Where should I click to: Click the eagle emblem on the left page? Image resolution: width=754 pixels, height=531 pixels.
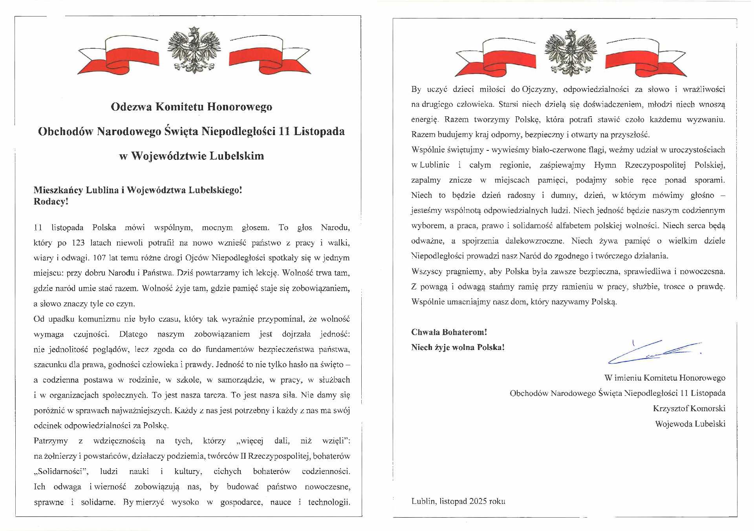click(x=194, y=50)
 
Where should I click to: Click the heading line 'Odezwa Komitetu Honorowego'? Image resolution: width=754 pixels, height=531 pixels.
click(x=191, y=107)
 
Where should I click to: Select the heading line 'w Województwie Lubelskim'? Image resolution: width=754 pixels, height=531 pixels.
click(x=191, y=156)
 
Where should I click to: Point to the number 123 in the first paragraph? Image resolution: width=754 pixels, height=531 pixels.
click(x=78, y=243)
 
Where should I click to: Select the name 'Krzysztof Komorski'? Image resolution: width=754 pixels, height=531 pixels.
click(x=689, y=408)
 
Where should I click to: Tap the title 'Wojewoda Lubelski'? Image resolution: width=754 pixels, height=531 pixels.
click(x=690, y=424)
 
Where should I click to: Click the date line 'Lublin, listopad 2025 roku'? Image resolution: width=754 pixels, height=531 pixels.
click(x=458, y=501)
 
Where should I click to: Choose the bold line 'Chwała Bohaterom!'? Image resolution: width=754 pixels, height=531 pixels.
click(x=449, y=332)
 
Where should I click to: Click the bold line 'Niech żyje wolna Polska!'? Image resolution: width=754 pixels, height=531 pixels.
click(x=458, y=348)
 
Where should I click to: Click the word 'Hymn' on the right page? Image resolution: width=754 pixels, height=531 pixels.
click(x=605, y=165)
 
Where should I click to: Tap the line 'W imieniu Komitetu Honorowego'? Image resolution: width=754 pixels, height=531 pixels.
click(x=664, y=378)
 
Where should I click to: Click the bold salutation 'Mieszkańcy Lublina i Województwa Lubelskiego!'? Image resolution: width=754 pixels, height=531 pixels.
click(x=138, y=190)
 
